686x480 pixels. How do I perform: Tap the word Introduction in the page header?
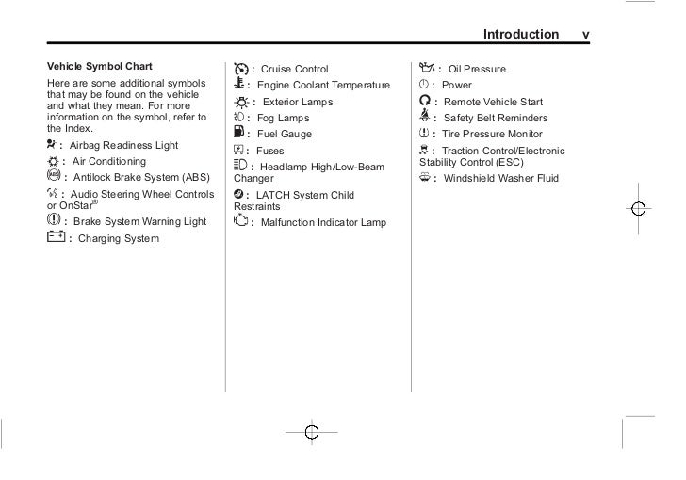click(520, 35)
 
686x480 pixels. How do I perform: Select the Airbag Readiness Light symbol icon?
click(51, 145)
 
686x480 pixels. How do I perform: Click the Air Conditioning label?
click(108, 162)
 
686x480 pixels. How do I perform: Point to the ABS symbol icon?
click(51, 176)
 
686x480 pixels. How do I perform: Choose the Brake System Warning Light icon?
click(52, 220)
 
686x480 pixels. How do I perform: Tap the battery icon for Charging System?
click(54, 237)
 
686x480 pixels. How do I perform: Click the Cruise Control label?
click(296, 70)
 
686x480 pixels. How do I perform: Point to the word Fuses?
click(270, 151)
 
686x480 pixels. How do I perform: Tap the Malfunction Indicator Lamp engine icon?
click(238, 222)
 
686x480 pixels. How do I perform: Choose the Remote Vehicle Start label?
click(493, 102)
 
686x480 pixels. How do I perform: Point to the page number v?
click(586, 35)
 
